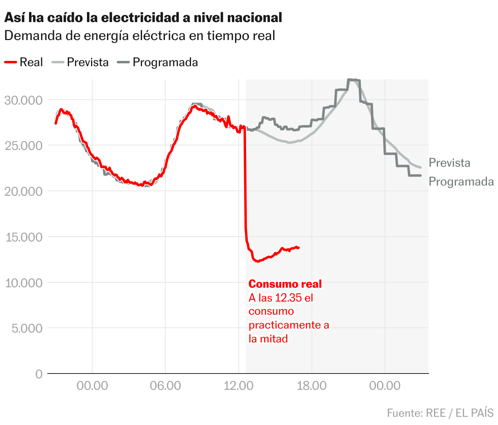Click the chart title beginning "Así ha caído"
(143, 18)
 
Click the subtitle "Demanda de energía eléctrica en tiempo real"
(140, 36)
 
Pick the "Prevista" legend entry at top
(81, 62)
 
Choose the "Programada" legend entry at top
(158, 62)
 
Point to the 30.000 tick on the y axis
(23, 100)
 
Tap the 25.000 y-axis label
(23, 146)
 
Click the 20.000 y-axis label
(23, 191)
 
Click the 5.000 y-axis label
(27, 328)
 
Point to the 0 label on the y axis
(39, 374)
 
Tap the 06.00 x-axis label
(165, 385)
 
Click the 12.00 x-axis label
(238, 385)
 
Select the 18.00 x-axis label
(311, 385)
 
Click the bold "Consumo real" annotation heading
(285, 284)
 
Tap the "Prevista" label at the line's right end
(449, 163)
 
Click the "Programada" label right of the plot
(461, 181)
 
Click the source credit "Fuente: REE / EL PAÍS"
(440, 413)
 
